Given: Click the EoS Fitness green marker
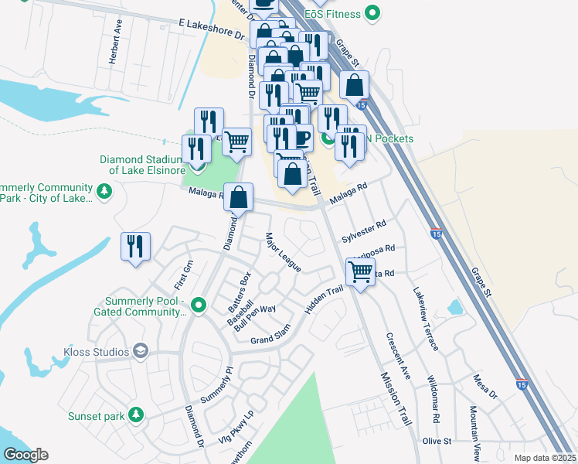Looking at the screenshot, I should tap(373, 12).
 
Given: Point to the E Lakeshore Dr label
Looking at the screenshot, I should tap(210, 30).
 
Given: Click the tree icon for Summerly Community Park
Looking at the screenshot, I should tap(104, 189).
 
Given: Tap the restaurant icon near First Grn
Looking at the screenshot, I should tap(136, 247).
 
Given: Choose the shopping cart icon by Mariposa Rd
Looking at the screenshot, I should tap(360, 271).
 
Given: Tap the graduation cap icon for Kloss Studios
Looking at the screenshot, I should tap(140, 352).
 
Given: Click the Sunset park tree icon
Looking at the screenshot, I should tap(136, 415).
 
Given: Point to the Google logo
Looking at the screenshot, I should tap(25, 455).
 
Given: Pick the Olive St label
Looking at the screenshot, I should tap(436, 441).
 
